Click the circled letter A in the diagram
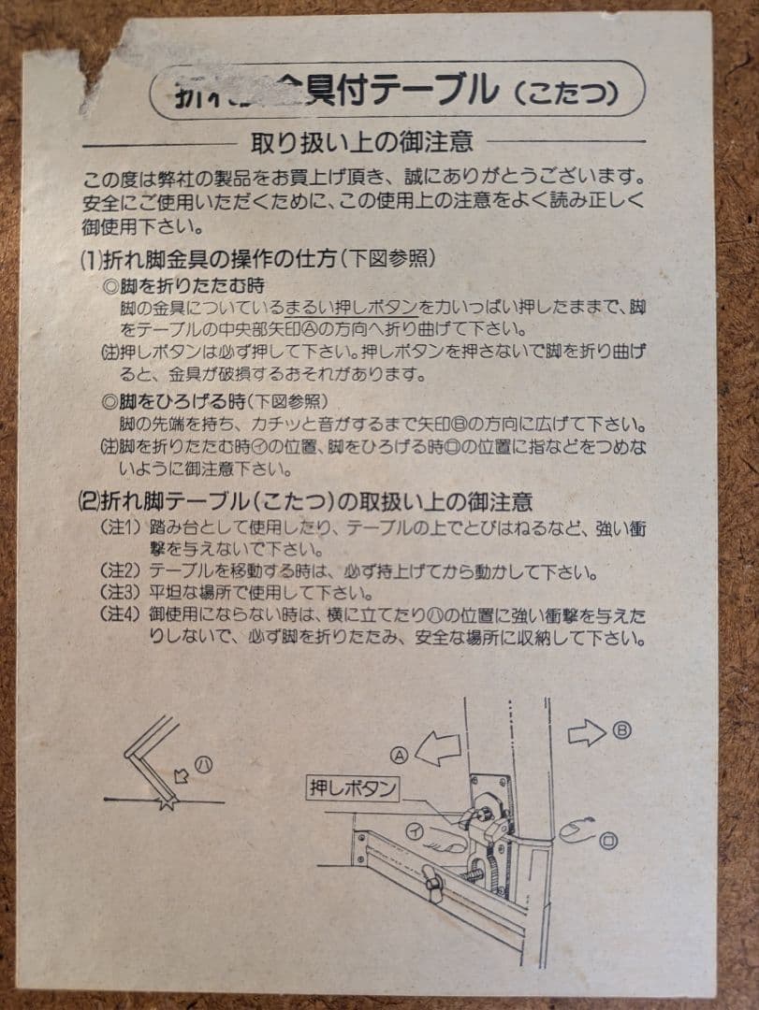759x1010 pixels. [x=401, y=754]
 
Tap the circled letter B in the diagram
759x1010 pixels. [x=622, y=730]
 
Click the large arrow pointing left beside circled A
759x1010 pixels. [x=438, y=748]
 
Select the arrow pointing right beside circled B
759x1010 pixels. [x=587, y=734]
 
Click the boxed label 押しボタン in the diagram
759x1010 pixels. [x=353, y=788]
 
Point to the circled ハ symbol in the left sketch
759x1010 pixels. [x=204, y=764]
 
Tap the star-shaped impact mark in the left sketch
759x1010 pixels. [x=168, y=801]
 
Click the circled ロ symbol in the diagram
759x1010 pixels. [x=610, y=841]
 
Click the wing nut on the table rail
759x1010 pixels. [x=431, y=882]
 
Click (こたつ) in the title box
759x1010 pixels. [x=565, y=94]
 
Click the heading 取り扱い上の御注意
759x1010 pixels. [x=361, y=142]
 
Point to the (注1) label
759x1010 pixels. [x=119, y=528]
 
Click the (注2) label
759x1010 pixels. [x=119, y=571]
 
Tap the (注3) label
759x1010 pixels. [x=119, y=594]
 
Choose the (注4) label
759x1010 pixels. [x=119, y=616]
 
